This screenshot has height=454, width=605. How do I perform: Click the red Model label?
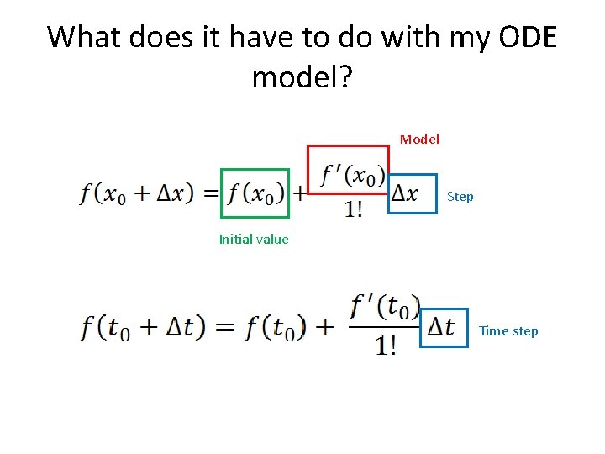(x=419, y=139)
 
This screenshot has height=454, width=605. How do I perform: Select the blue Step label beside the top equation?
(x=460, y=197)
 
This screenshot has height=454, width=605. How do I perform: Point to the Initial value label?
(x=254, y=239)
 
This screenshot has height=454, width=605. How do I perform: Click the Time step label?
(x=508, y=330)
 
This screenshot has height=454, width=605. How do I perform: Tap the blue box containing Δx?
(x=413, y=193)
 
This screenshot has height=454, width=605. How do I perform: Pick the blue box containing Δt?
(x=443, y=329)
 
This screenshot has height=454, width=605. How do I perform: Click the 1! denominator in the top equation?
(x=353, y=210)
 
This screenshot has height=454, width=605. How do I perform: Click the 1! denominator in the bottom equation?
(x=386, y=346)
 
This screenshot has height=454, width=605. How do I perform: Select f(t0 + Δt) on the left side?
(x=143, y=327)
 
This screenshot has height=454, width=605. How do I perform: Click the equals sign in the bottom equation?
(x=225, y=328)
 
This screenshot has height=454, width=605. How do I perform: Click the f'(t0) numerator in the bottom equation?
(x=384, y=307)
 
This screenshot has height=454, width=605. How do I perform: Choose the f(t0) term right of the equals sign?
(x=276, y=327)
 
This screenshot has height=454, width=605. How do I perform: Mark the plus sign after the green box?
(x=297, y=193)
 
